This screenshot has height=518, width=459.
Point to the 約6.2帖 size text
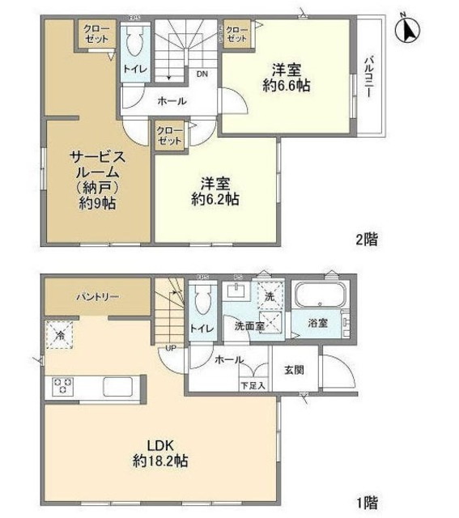coord(215,197)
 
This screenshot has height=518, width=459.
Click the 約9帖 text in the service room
coord(97,203)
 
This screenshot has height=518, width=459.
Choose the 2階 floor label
coord(366,240)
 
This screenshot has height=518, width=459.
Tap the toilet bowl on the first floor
coord(203,300)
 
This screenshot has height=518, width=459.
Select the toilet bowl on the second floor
coord(135,42)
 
